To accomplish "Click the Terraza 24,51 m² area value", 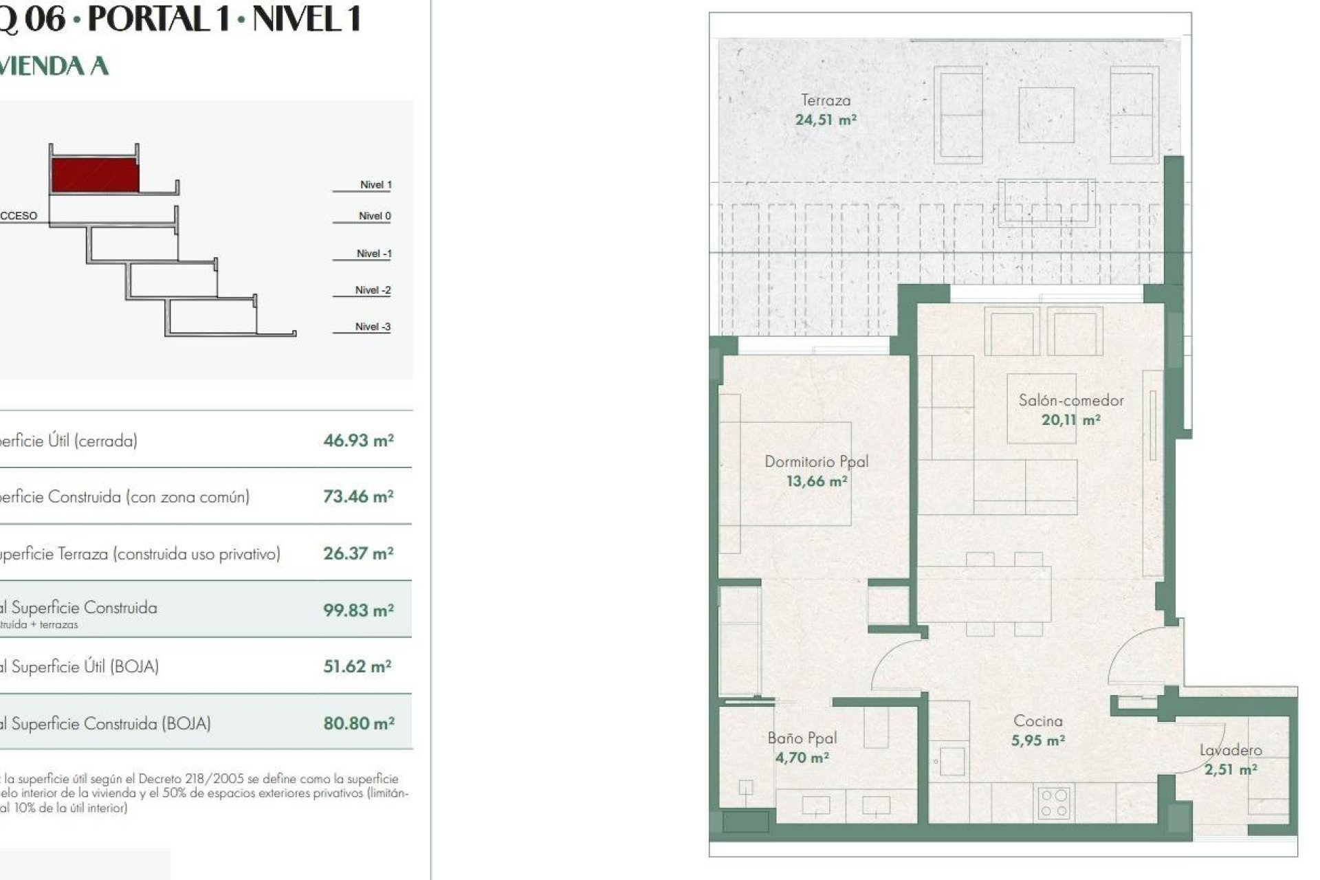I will (x=825, y=120).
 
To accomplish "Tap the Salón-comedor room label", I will (x=1070, y=400).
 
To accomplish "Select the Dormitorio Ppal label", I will (x=816, y=461).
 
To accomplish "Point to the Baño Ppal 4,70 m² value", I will (x=802, y=758).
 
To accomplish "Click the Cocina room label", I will (x=1037, y=721).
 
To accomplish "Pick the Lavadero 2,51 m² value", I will (x=1230, y=769).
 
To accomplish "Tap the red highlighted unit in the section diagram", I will (x=94, y=175).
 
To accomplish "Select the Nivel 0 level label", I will (x=374, y=216).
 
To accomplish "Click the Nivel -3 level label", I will (x=373, y=327).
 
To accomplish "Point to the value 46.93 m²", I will (x=358, y=441).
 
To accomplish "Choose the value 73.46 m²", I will (x=358, y=496).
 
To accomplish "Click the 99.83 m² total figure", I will (x=358, y=610).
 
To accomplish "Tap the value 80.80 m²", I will (x=358, y=723).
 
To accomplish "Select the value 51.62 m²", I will (x=357, y=666).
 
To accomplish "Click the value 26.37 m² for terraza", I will (x=358, y=553).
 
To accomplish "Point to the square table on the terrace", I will (x=1046, y=115).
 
